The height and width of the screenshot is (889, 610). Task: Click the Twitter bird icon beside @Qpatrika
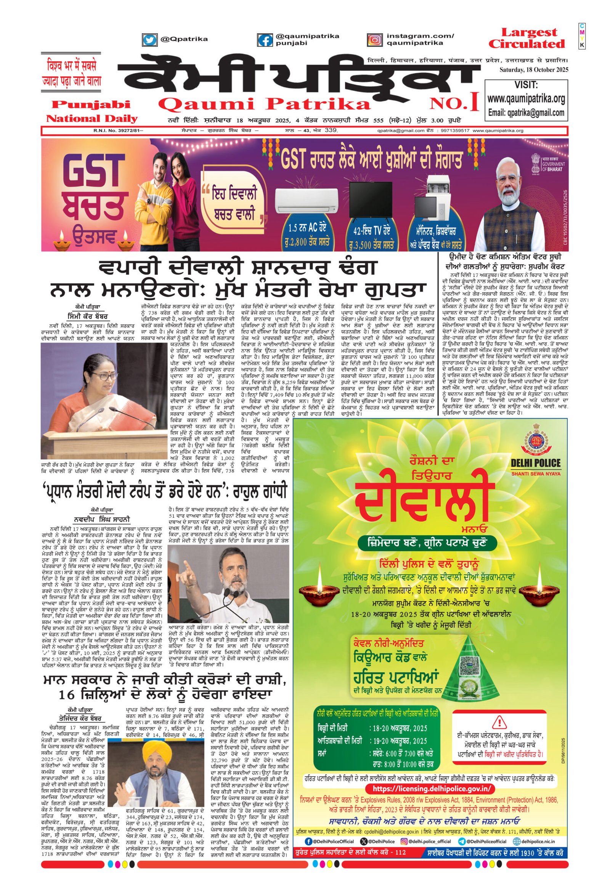pos(149,39)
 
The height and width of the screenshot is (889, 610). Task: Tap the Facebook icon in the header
pos(265,40)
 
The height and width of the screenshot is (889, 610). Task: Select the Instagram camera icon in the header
pos(374,40)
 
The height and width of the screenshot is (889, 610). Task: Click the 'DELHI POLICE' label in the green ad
pos(536,463)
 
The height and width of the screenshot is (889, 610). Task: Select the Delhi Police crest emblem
pos(536,438)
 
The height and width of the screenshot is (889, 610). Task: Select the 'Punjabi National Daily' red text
pos(92,111)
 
